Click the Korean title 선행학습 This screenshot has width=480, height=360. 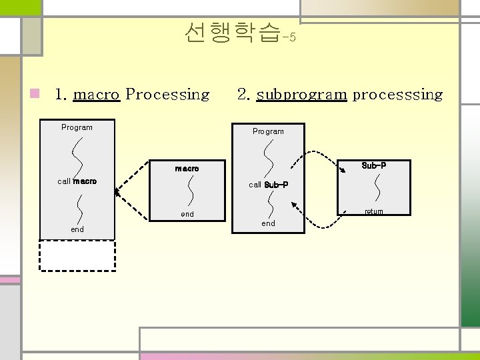click(231, 32)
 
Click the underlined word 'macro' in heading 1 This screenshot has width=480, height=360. click(96, 95)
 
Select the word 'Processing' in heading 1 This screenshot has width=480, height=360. click(167, 95)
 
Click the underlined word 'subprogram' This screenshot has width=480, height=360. click(301, 95)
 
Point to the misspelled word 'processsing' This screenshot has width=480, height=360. click(397, 95)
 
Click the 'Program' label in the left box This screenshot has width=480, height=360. click(77, 127)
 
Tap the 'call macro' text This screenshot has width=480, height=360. click(77, 181)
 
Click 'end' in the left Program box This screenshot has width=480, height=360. click(77, 229)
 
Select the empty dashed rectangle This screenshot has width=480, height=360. click(77, 255)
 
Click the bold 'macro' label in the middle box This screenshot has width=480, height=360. click(187, 169)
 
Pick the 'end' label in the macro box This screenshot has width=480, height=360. click(187, 214)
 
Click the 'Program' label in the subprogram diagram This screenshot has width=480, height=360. click(268, 131)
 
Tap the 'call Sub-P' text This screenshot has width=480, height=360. click(268, 185)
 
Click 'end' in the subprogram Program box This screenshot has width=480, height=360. click(268, 223)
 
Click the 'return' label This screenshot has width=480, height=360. click(373, 212)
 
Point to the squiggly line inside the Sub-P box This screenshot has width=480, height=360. click(378, 187)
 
